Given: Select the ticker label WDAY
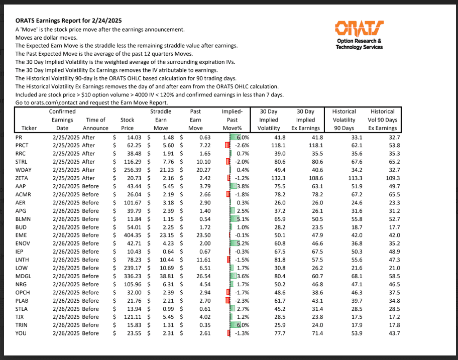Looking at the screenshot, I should pos(24,170).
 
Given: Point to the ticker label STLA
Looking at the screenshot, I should pos(23,308).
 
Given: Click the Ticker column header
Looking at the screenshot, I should pos(29,128).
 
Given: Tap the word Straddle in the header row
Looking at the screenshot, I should pos(161,111).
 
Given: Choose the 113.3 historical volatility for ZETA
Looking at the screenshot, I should pos(347,178).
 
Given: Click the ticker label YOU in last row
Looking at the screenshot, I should pos(21,332).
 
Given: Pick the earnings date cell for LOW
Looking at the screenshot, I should pos(63,267).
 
